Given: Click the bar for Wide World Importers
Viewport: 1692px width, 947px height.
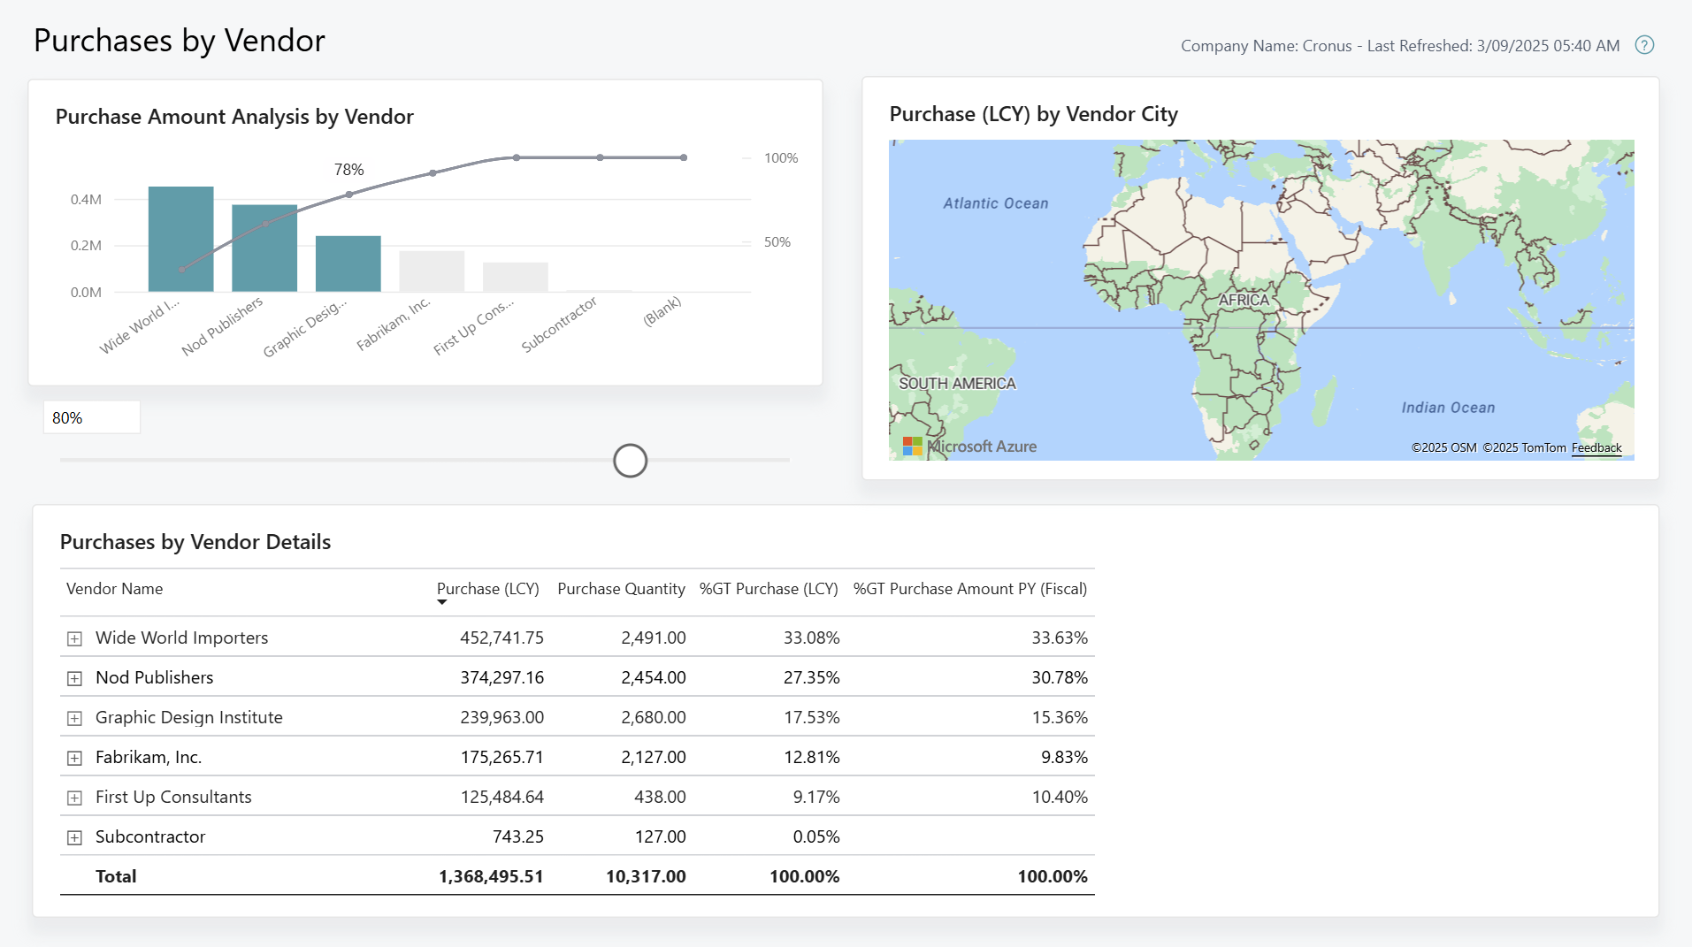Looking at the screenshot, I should coord(180,239).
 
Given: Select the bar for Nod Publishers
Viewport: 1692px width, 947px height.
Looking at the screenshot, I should coord(264,248).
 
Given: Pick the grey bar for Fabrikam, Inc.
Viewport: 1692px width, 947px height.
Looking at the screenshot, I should coord(432,271).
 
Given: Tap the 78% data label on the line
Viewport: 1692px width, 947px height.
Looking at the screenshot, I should coord(348,170).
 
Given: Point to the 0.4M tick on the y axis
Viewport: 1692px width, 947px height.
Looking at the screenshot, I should coord(86,200).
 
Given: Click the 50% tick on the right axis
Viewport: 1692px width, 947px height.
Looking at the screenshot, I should coord(777,242).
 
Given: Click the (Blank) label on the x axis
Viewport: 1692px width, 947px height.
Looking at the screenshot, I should coord(662,311).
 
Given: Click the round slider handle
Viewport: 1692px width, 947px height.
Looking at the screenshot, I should coord(630,461).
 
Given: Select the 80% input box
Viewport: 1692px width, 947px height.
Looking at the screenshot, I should coord(91,417).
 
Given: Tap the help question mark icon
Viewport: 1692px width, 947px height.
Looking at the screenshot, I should coord(1643,45).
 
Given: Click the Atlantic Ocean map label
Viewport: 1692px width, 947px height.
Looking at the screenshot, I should coord(995,203).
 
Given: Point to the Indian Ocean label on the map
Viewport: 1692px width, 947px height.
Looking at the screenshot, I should coord(1447,408).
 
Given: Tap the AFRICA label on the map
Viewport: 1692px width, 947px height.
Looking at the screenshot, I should coord(1243,300).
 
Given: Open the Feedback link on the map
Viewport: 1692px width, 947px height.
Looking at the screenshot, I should coord(1596,447).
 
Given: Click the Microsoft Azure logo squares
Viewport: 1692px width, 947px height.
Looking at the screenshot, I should coord(912,447).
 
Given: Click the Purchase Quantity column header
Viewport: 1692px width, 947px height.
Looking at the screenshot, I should coord(621,589).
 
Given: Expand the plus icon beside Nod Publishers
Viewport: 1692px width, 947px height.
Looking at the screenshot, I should coord(75,678).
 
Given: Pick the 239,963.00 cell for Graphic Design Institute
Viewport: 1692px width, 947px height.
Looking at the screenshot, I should coord(501,717).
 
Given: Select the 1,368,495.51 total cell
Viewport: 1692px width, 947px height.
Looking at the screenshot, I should coord(491,876).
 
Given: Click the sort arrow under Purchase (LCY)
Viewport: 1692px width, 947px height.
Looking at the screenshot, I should coord(442,602).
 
